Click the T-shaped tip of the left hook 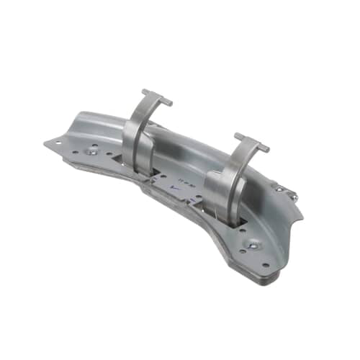pos(157,97)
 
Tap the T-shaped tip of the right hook pos(251,141)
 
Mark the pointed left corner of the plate pos(45,143)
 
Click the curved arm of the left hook pos(135,122)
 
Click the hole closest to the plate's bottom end pos(264,264)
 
